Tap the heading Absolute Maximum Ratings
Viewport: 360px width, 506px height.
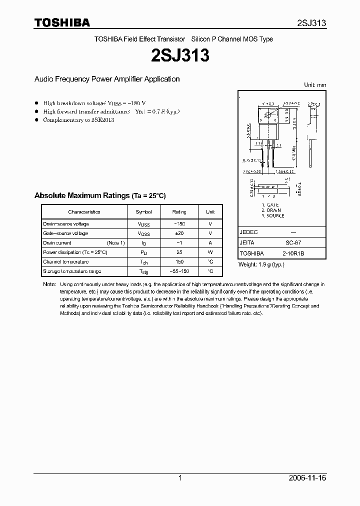click(100, 195)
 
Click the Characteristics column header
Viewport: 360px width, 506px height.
click(84, 212)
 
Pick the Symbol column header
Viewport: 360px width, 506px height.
click(143, 212)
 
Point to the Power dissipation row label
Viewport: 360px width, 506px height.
click(75, 252)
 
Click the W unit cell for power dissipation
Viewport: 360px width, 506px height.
click(210, 252)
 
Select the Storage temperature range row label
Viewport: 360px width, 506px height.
click(72, 271)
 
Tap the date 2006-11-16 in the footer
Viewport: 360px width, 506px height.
click(307, 478)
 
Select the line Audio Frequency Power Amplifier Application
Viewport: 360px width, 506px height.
click(106, 79)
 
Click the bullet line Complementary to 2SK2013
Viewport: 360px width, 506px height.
click(78, 120)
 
